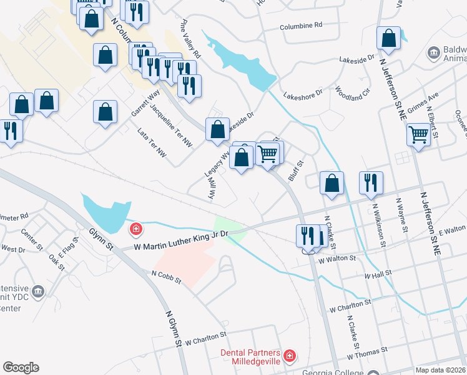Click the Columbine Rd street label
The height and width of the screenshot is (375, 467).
[x=300, y=26]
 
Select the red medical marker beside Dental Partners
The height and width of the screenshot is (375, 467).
[x=289, y=357]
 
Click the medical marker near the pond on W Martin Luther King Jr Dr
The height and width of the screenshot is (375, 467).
[x=135, y=229]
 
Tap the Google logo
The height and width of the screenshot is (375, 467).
[x=21, y=367]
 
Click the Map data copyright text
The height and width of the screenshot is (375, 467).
[x=441, y=370]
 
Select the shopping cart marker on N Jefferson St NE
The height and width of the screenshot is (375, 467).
[x=418, y=133]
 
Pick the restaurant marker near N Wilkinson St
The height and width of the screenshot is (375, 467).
[x=371, y=182]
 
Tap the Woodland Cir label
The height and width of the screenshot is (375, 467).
[x=353, y=94]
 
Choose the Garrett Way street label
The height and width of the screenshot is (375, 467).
[x=145, y=102]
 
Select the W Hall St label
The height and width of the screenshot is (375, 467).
[x=378, y=274]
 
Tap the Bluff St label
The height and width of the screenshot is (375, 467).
[x=296, y=171]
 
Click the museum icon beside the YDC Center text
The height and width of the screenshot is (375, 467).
[x=38, y=291]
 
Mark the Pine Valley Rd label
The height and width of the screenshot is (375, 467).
[x=189, y=36]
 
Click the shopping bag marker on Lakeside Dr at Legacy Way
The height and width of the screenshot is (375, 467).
[x=217, y=129]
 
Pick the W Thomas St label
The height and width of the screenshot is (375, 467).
[x=363, y=356]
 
